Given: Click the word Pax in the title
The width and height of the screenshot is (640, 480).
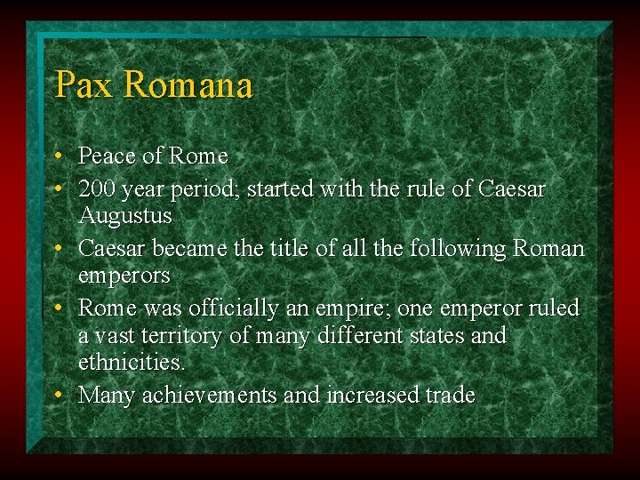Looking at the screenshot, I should click(84, 85).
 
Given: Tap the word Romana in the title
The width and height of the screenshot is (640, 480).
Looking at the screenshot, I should click(188, 85).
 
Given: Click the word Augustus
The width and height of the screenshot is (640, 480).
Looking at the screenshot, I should click(125, 216).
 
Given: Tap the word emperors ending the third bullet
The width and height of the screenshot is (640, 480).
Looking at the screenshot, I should click(124, 276).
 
